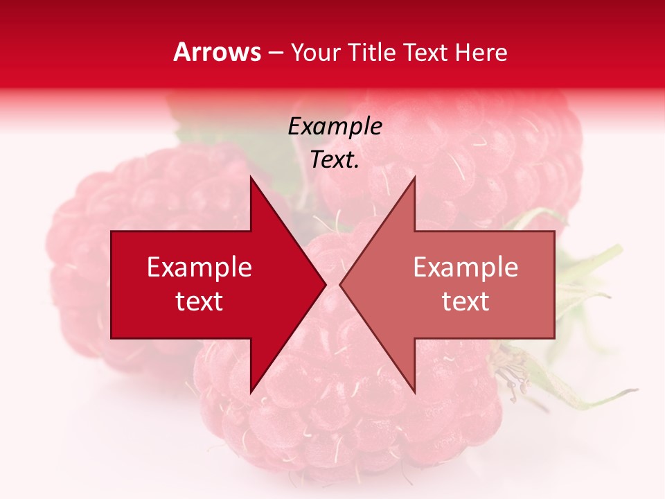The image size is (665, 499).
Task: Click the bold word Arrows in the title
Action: [217, 52]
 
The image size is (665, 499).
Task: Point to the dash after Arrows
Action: [275, 53]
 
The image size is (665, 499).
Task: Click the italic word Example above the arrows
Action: [335, 126]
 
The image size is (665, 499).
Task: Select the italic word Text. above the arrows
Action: [335, 159]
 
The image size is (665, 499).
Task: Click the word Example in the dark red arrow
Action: [199, 268]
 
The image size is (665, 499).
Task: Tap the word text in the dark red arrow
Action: [199, 301]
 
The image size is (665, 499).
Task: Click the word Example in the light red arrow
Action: [465, 268]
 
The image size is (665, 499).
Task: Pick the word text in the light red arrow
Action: [465, 301]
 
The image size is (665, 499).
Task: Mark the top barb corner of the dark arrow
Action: [251, 178]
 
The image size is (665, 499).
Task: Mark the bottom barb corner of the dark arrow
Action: [251, 392]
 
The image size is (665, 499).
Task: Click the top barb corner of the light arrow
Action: [414, 178]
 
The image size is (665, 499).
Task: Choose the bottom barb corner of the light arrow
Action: [414, 392]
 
